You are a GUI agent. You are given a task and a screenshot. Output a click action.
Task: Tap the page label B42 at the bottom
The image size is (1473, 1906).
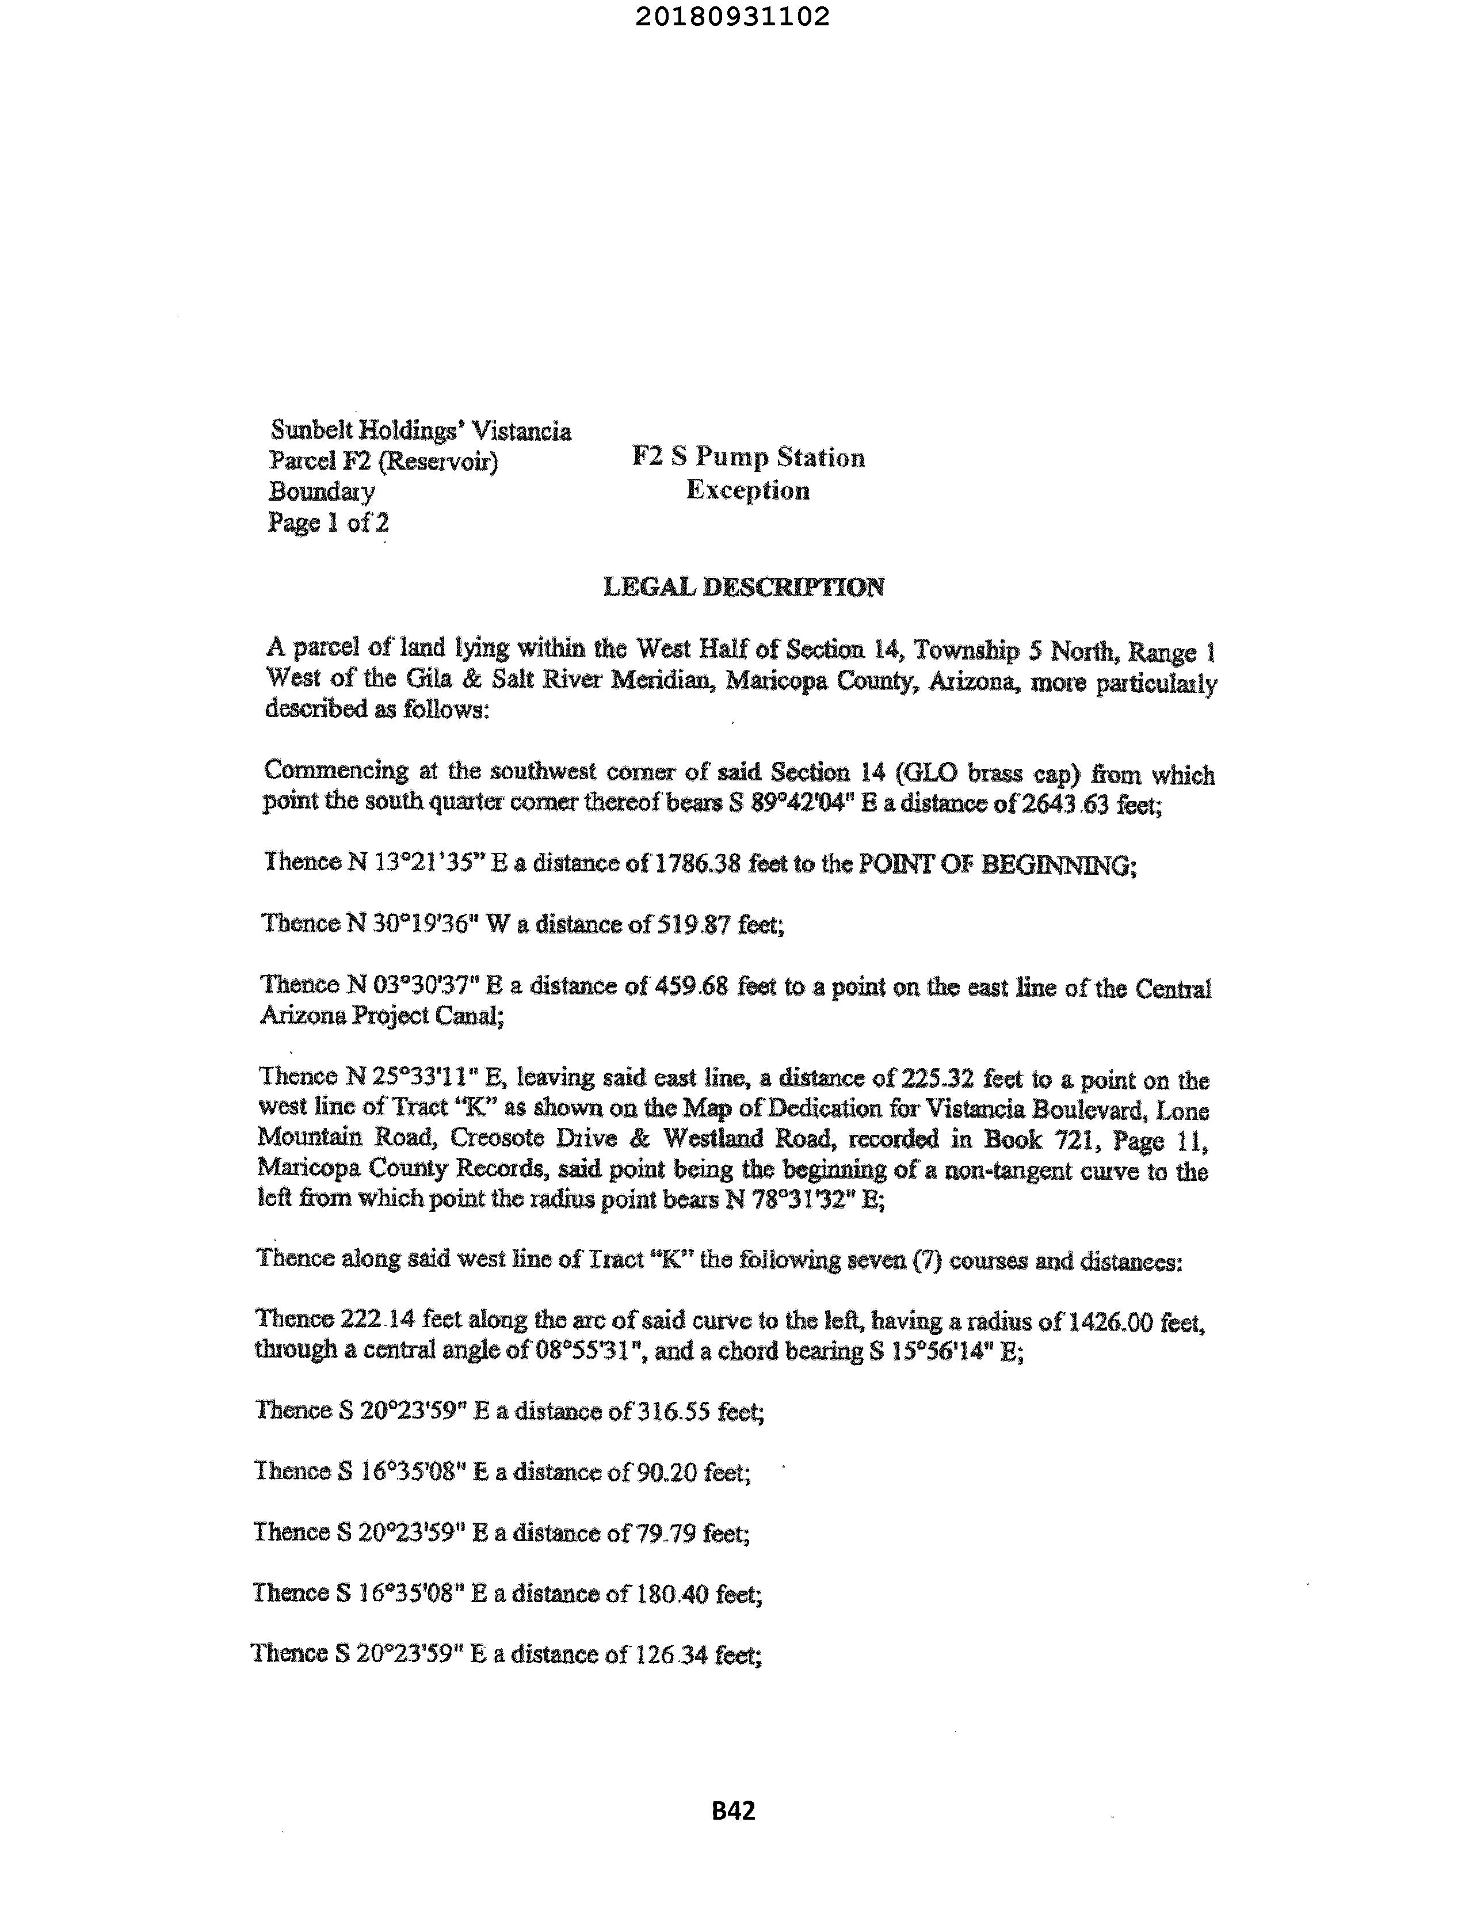(733, 1811)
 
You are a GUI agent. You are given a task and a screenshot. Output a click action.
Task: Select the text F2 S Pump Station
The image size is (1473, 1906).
(748, 458)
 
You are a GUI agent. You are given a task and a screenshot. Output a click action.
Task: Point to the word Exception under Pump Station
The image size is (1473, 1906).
(748, 490)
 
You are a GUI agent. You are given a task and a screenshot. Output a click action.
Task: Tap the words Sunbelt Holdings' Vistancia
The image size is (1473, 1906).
(421, 430)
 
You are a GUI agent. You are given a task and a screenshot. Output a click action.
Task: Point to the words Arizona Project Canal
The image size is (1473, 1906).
(381, 1016)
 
